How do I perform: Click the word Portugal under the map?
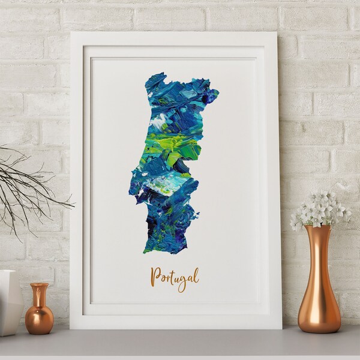pos(175,277)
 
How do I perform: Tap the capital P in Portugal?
pos(155,276)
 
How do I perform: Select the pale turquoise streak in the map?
pos(168,181)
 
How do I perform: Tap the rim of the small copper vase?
pos(40,285)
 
